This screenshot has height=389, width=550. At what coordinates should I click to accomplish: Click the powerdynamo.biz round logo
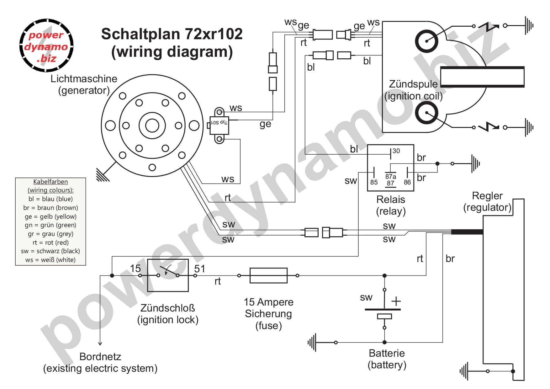pos(46,46)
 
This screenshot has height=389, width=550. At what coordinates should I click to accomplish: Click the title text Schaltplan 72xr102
pos(172,34)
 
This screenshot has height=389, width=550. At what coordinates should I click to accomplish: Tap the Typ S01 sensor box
pos(219,125)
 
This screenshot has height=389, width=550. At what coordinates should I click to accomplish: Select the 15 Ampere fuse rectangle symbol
pos(268,275)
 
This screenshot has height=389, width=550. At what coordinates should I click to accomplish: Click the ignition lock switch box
pos(168,275)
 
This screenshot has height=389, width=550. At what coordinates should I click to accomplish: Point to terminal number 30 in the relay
pos(396,151)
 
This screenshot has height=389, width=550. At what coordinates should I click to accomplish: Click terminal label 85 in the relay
pos(374,182)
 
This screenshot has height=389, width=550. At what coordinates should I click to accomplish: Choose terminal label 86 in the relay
pos(407,182)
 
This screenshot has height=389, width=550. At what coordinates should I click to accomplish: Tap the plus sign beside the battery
pos(396,301)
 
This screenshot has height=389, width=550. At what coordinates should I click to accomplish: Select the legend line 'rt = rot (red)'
pos(50,242)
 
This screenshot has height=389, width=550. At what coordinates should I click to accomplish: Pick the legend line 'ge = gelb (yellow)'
pos(50,216)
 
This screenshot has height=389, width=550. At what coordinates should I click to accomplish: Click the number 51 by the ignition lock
pos(199,269)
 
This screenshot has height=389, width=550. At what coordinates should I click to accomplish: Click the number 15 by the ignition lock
pos(135,269)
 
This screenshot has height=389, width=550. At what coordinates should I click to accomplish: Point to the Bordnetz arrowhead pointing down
pos(100,343)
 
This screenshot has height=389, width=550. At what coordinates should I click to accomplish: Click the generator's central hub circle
pos(152,126)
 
